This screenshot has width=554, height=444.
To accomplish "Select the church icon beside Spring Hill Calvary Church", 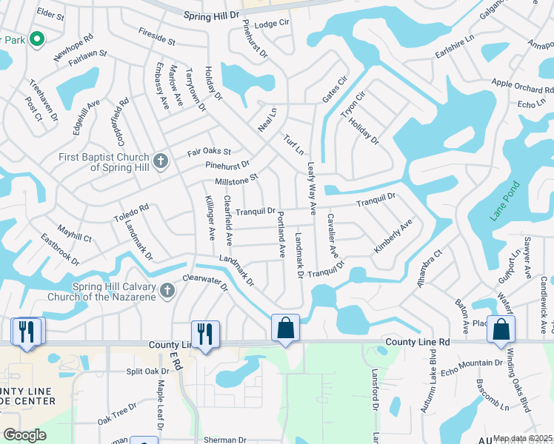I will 167,291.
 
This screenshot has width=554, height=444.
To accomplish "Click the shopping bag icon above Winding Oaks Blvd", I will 501,329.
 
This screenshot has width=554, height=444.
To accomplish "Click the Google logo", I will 24,435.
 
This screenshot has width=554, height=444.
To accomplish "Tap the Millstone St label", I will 236,179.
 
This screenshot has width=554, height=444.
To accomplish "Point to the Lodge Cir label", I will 271,24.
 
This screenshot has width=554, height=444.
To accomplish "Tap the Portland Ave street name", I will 281,234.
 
